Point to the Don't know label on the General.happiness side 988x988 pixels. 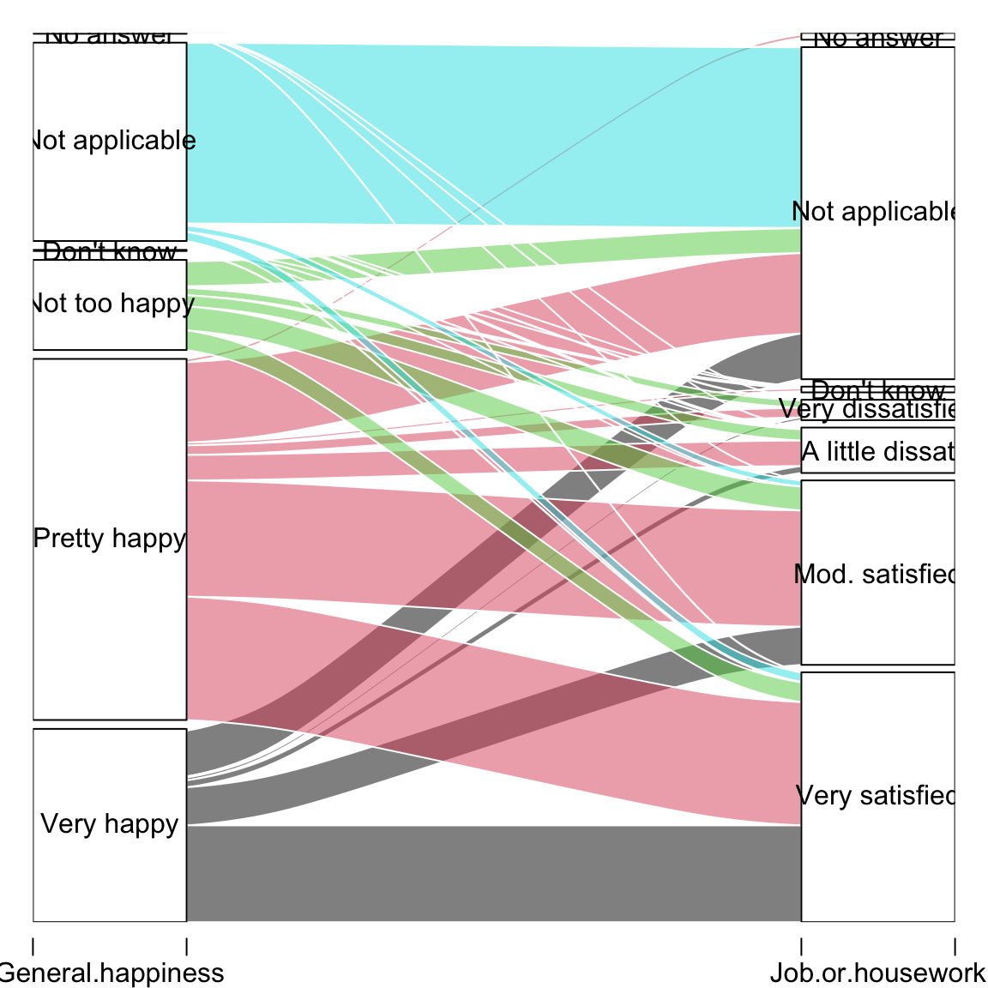(x=110, y=251)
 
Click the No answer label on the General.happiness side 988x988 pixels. (x=110, y=36)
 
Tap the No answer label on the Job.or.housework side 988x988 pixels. (x=877, y=39)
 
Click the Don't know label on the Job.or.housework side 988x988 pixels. (x=877, y=390)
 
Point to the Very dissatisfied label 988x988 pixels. (x=877, y=409)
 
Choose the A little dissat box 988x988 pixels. (x=877, y=451)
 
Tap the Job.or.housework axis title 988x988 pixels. (x=877, y=973)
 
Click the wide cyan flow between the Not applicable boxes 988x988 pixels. (x=493, y=129)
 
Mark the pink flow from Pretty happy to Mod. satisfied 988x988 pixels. (x=493, y=549)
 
